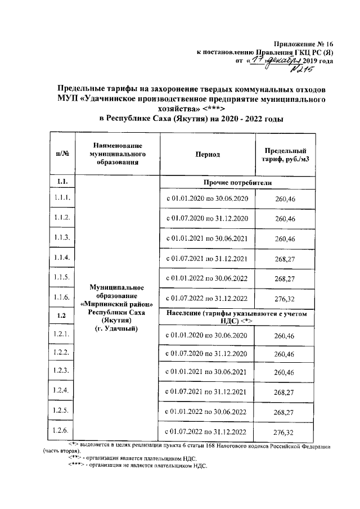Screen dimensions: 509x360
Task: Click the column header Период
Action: tap(208, 154)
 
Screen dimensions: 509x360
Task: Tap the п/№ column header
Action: tap(62, 154)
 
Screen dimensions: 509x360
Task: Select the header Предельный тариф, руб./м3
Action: tap(284, 154)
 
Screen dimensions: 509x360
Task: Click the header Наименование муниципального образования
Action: tap(117, 154)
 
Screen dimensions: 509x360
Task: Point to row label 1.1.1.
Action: tap(62, 198)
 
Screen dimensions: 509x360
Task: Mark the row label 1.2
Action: tap(62, 317)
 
